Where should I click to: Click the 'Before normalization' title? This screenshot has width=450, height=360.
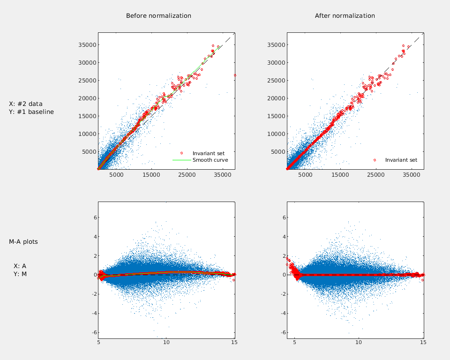158,16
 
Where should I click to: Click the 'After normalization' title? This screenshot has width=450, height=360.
345,16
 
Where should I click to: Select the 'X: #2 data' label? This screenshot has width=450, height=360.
26,104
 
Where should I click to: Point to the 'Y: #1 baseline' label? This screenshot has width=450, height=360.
31,112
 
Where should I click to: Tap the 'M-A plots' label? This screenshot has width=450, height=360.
23,242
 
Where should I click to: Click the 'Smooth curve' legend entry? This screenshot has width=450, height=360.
210,160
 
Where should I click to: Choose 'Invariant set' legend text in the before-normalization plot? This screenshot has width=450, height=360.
208,153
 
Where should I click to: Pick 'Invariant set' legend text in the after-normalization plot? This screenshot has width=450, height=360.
401,160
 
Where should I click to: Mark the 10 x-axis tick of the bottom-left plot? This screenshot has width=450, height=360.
166,343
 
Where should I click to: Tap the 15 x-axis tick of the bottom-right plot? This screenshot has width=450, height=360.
423,343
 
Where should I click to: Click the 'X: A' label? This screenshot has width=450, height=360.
20,266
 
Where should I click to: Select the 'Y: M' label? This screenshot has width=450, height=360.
20,274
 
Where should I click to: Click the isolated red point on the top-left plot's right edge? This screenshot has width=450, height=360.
235,75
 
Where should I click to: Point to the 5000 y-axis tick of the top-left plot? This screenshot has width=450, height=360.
89,151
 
